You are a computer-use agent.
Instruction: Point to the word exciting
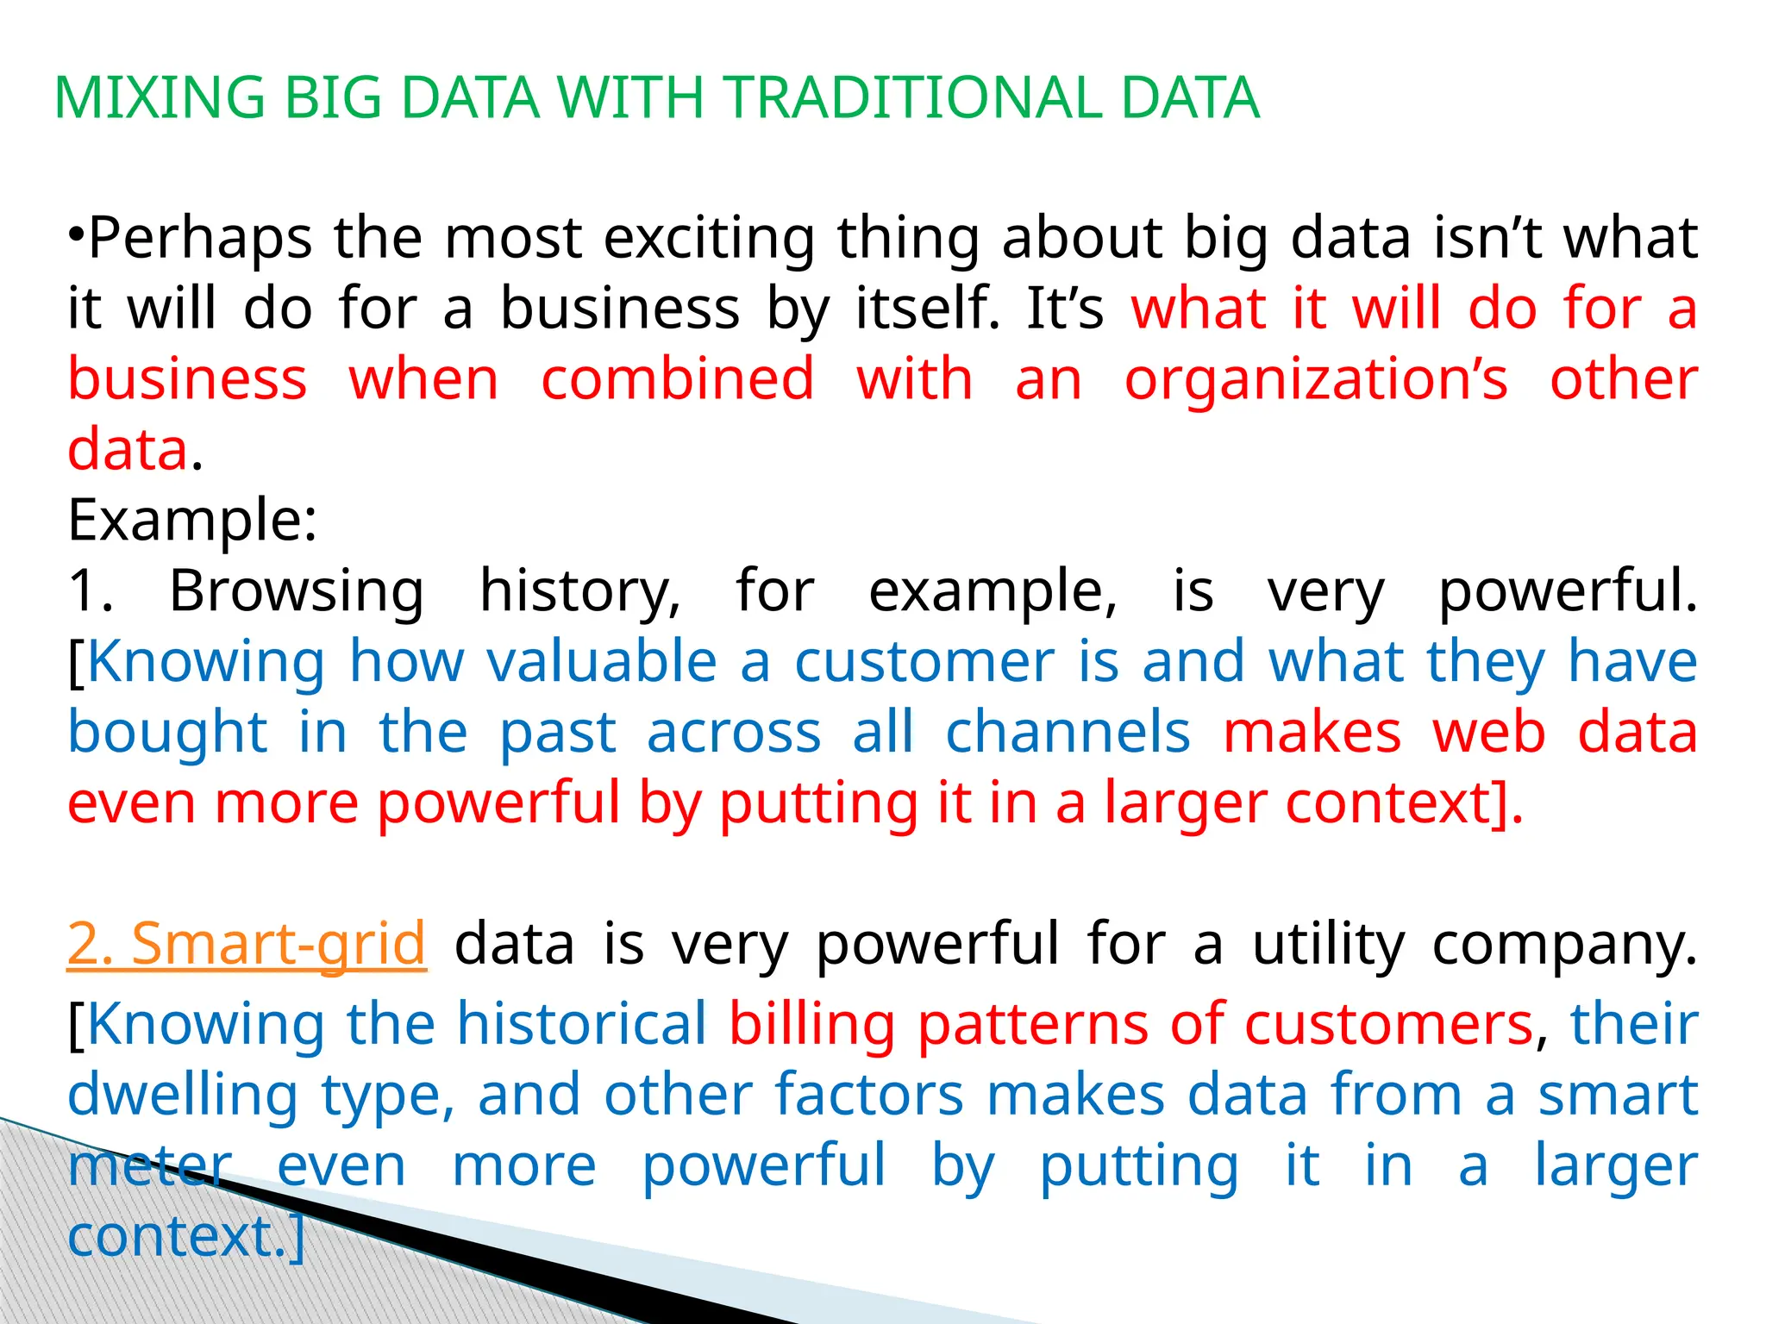coord(709,239)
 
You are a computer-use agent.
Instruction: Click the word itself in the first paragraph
coord(928,309)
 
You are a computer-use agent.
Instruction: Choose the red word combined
coord(677,379)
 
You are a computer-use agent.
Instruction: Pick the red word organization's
coord(1316,379)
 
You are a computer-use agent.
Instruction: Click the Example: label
coord(192,521)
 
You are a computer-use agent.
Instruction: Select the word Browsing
coord(296,591)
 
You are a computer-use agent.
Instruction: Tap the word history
coord(579,591)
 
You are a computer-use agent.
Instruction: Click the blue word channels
coord(1068,733)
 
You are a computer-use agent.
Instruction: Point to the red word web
coord(1488,733)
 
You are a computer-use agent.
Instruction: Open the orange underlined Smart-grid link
coord(278,944)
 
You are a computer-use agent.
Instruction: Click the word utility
coord(1328,944)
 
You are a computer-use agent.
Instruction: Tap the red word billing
coord(811,1025)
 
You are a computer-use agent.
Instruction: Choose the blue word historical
coord(581,1023)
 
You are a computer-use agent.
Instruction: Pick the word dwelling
coord(183,1096)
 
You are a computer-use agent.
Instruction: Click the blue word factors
coord(868,1094)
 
